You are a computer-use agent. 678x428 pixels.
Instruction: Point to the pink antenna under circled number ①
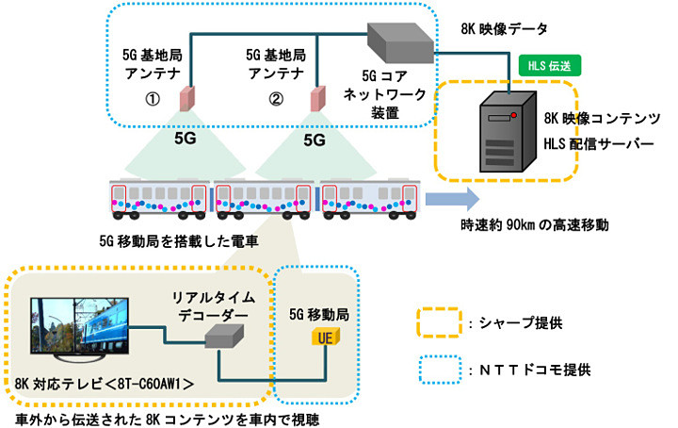[x=187, y=96]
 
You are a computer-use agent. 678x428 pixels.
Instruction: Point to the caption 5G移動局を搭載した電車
[x=176, y=240]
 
